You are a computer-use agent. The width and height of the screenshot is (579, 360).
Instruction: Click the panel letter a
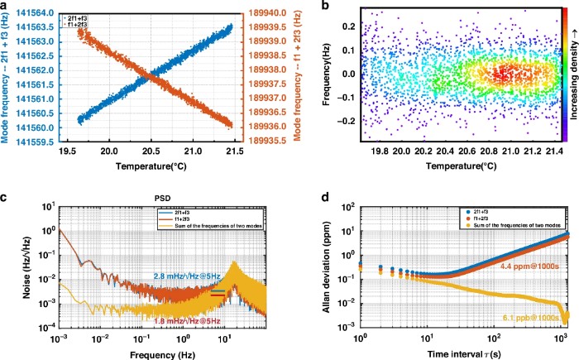(6, 6)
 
